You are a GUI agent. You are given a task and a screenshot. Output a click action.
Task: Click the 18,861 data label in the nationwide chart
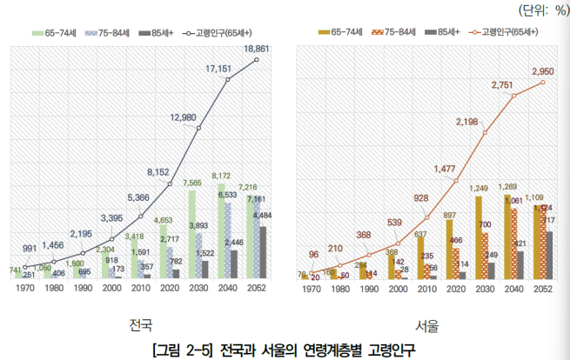tap(257, 50)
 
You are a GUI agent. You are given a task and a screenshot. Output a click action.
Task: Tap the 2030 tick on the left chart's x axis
tap(198, 289)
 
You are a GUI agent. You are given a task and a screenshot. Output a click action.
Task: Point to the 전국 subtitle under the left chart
tap(139, 325)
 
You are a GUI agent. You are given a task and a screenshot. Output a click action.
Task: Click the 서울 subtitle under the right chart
tap(426, 325)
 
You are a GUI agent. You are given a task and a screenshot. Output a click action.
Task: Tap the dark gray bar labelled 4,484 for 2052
tap(263, 252)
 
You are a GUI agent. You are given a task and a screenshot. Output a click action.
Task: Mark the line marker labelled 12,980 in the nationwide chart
tap(199, 129)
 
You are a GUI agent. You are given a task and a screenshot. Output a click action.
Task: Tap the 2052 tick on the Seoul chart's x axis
tap(543, 289)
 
